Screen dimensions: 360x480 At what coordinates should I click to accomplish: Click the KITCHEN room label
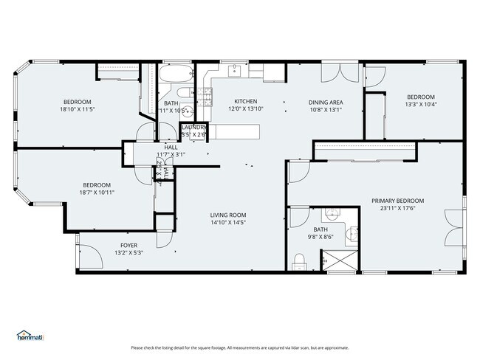click(x=245, y=101)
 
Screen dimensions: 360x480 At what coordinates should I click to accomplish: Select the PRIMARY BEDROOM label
click(x=397, y=200)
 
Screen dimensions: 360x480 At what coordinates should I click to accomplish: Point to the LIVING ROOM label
click(x=229, y=214)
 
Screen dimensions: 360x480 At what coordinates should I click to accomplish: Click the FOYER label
click(x=128, y=245)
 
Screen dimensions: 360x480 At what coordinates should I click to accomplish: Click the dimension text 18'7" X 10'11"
click(x=97, y=192)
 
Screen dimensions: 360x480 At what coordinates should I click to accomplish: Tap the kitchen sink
click(x=234, y=71)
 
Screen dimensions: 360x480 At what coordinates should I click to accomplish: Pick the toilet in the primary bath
click(x=300, y=259)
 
